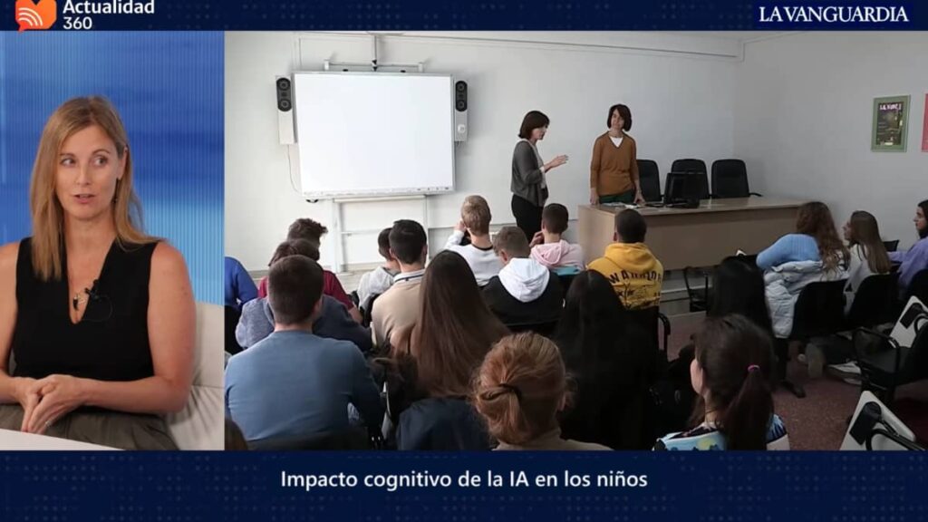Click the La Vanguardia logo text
[x=834, y=14]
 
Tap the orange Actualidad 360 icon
[x=35, y=14]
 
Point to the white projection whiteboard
[x=374, y=134]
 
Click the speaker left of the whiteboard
[x=285, y=110]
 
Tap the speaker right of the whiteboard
[x=460, y=111]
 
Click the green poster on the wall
[x=890, y=123]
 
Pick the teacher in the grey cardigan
[x=530, y=171]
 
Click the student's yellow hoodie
[x=628, y=273]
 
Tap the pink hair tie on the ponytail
[x=753, y=369]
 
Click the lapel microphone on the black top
[x=91, y=291]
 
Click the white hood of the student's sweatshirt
[x=524, y=278]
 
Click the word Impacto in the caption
[x=319, y=479]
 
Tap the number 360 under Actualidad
[x=78, y=23]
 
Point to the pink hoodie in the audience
[x=556, y=253]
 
